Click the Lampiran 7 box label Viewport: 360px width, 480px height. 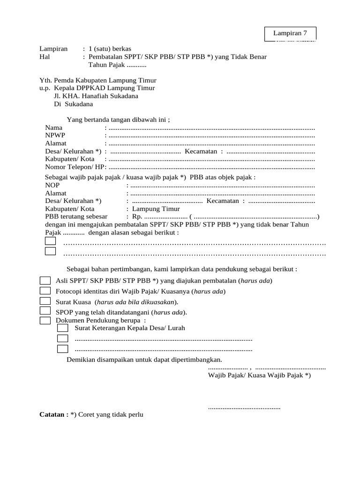click(x=290, y=33)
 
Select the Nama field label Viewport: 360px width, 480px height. click(x=53, y=127)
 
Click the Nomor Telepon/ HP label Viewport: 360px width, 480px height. click(x=75, y=167)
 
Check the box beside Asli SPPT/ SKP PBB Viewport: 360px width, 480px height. click(x=45, y=281)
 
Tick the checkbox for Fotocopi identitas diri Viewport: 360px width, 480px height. click(x=45, y=291)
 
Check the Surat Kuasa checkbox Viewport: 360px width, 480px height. click(x=45, y=301)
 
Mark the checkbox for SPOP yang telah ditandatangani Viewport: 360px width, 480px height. click(x=45, y=311)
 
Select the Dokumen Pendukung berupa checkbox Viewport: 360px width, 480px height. click(x=45, y=320)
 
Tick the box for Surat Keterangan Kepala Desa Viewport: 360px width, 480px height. click(x=62, y=328)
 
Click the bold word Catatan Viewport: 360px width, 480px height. click(x=53, y=415)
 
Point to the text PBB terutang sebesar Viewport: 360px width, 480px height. click(x=76, y=217)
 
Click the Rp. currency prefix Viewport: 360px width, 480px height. click(x=137, y=217)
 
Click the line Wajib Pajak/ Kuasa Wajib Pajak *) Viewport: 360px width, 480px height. click(x=259, y=375)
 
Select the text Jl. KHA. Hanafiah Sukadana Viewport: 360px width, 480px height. click(x=96, y=96)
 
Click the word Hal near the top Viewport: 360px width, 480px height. click(x=45, y=56)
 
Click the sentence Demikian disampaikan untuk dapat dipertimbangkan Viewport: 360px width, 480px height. click(x=144, y=360)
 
